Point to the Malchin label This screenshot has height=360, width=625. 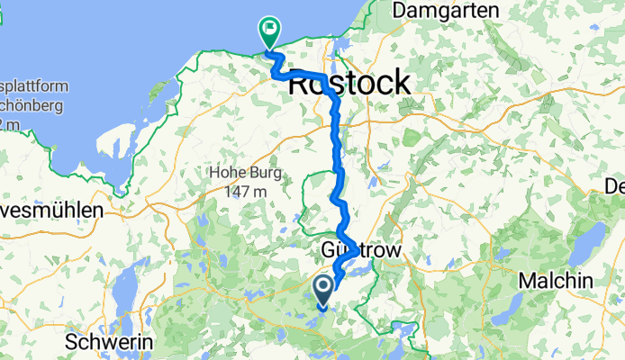(556, 281)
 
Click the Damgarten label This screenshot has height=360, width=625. (447, 10)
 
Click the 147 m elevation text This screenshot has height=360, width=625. (245, 191)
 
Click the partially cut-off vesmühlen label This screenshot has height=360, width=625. (51, 211)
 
